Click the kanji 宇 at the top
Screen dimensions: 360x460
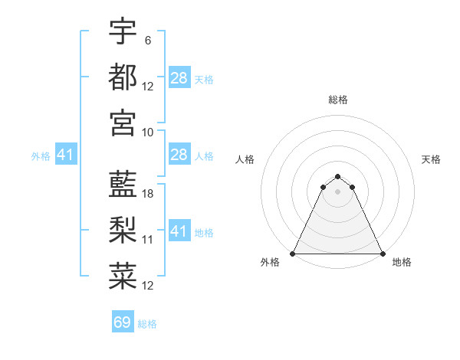[123, 31]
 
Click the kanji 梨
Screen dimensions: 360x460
[123, 230]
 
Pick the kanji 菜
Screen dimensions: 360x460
[123, 276]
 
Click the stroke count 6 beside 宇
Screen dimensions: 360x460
[147, 41]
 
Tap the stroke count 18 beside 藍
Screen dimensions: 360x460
[148, 195]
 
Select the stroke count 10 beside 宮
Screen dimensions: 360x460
[148, 131]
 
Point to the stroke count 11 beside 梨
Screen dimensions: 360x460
[148, 240]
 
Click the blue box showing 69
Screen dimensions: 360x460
[123, 322]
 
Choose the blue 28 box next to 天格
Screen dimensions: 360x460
[179, 78]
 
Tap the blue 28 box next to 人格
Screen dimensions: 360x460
[179, 155]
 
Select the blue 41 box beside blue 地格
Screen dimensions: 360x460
[179, 231]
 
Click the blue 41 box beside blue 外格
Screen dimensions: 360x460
[65, 155]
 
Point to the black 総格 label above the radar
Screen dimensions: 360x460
[338, 100]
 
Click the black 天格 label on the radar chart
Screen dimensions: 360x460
[432, 159]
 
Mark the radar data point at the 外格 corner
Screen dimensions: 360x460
[293, 253]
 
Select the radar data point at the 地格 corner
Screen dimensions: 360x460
[383, 253]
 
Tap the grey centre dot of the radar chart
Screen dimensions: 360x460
[338, 191]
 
